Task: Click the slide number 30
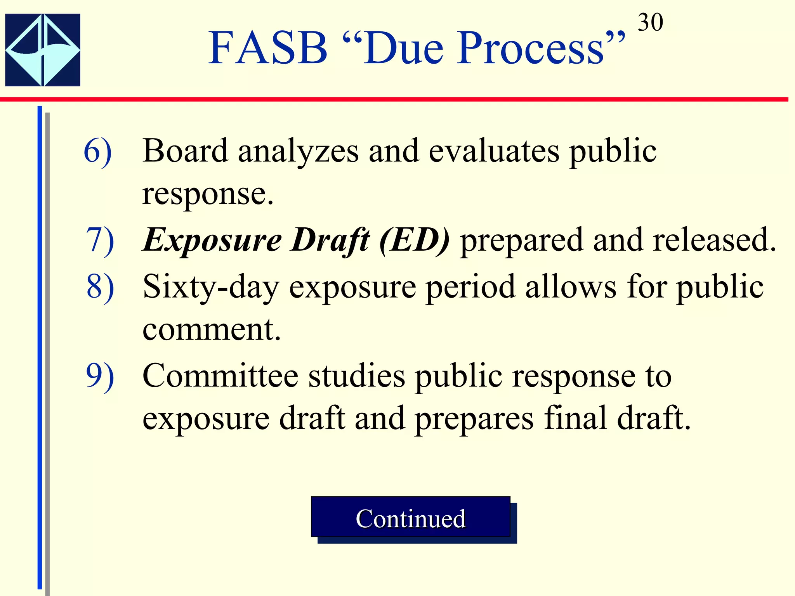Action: point(650,23)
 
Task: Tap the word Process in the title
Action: point(530,49)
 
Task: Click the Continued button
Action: point(410,518)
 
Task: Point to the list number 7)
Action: point(100,241)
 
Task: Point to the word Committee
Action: point(220,376)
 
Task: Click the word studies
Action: point(356,376)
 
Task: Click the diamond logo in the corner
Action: point(43,50)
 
